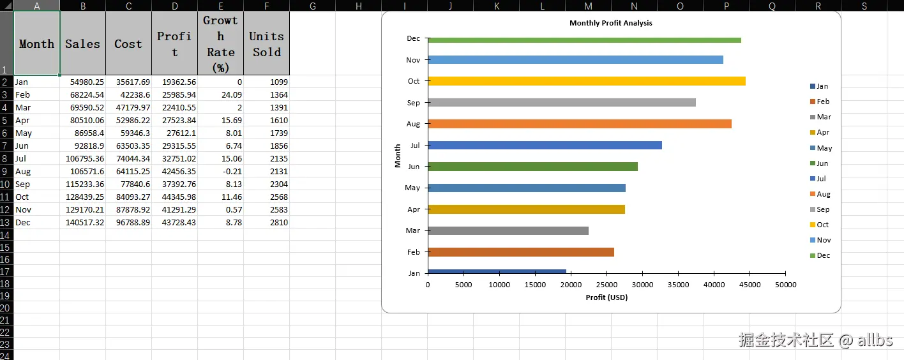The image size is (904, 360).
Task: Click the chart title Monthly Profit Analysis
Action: (610, 23)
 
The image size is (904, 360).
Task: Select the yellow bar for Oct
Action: (586, 81)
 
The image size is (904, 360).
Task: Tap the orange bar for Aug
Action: (579, 124)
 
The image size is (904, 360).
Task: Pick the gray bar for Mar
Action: (508, 230)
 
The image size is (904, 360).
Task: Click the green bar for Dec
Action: (584, 40)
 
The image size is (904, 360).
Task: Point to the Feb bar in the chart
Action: (520, 252)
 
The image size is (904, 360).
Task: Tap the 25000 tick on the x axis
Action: (606, 285)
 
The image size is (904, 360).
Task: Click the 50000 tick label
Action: (785, 285)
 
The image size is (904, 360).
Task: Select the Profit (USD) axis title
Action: (606, 297)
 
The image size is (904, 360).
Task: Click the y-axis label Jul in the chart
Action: (415, 146)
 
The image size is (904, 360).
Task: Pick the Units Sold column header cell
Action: (266, 43)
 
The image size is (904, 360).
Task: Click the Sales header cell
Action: (82, 43)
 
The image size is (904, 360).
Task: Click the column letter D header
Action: (174, 6)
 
